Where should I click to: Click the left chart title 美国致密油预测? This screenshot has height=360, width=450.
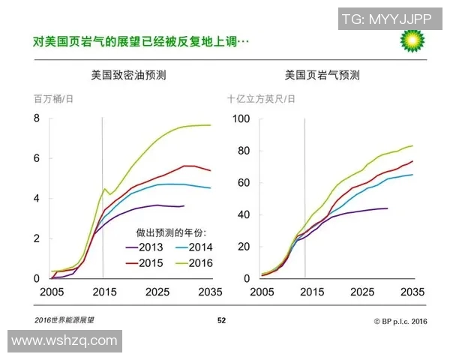(x=123, y=76)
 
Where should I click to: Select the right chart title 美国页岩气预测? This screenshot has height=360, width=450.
(x=322, y=76)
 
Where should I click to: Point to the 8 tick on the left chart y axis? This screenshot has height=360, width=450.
(x=36, y=118)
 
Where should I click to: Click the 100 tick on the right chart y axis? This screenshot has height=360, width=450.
(x=241, y=118)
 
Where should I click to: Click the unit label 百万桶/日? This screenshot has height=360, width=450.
(x=53, y=98)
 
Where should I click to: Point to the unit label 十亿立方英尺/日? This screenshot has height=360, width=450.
(x=262, y=98)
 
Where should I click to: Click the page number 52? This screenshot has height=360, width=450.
(x=221, y=320)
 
